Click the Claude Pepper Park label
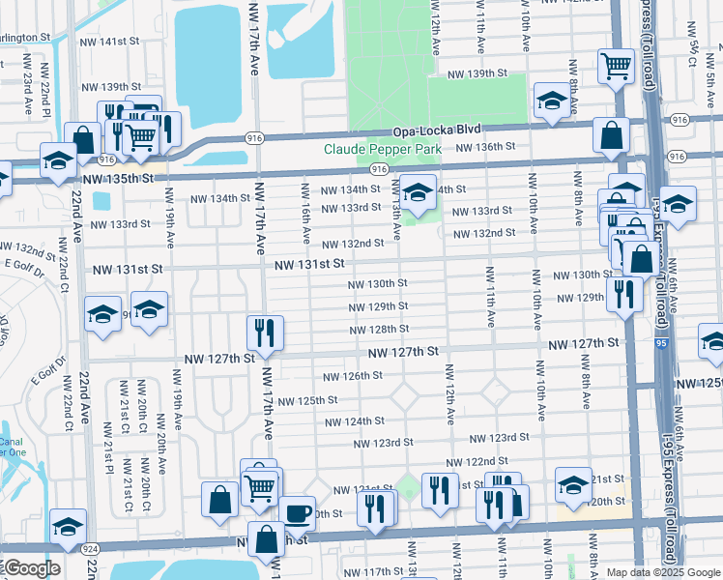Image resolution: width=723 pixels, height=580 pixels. (382, 149)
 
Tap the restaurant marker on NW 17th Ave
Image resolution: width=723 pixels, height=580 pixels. (262, 333)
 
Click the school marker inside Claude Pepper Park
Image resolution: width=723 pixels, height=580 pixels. (418, 192)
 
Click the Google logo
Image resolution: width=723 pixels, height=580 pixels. (31, 568)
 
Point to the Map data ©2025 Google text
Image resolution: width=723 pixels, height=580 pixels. (662, 572)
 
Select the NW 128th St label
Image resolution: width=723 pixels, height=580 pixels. (379, 330)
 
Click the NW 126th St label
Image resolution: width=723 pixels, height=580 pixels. (351, 376)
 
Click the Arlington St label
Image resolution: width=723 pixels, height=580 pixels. (24, 36)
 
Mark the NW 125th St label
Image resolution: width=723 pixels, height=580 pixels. (307, 399)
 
